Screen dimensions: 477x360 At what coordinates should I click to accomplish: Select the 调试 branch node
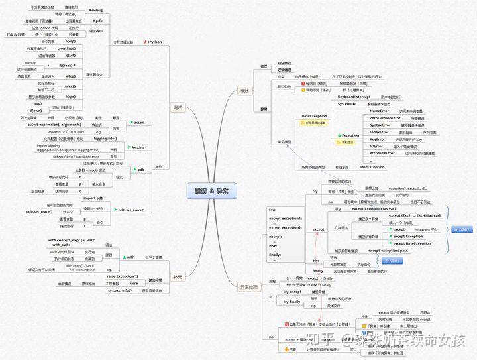coord(177,107)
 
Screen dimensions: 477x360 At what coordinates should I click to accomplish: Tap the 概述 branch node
coord(244,90)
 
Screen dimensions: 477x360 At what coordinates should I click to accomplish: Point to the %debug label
coord(96,11)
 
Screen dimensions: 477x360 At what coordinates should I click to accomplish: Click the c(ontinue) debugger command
coord(71,48)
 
